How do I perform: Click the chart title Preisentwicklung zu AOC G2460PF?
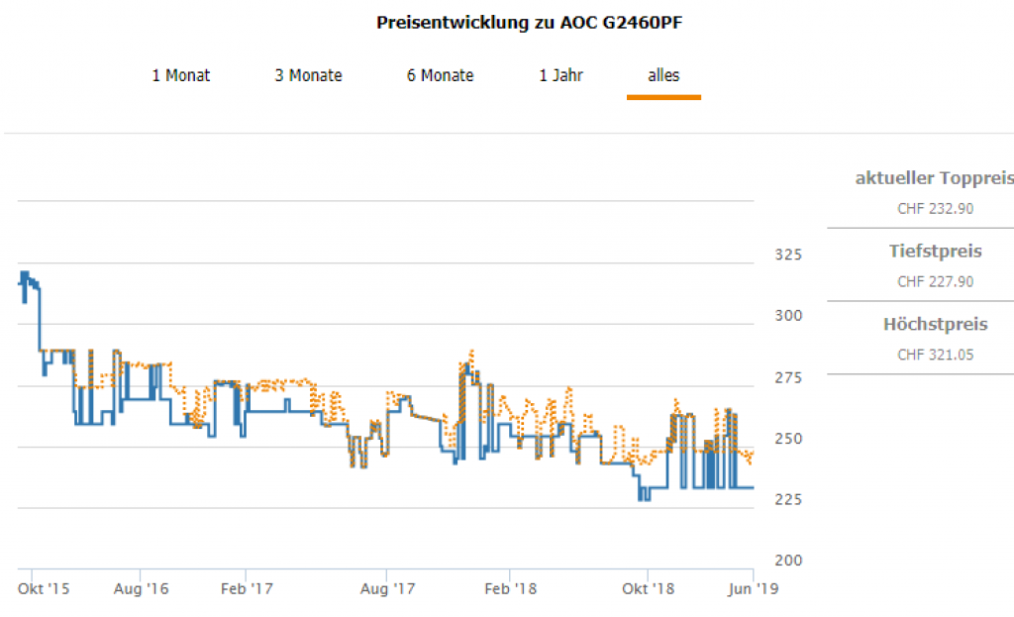(530, 23)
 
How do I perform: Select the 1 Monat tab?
(180, 75)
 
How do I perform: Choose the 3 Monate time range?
(308, 75)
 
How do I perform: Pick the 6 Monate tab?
(440, 75)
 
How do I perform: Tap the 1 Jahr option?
(560, 75)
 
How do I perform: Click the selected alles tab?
(663, 75)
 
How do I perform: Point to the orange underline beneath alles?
(663, 97)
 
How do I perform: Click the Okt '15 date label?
(45, 589)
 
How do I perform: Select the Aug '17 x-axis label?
(387, 589)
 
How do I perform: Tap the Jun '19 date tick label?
(754, 589)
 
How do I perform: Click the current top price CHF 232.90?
(935, 209)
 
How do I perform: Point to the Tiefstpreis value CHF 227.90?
(935, 282)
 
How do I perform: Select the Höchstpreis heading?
(935, 325)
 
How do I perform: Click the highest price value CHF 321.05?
(935, 355)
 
